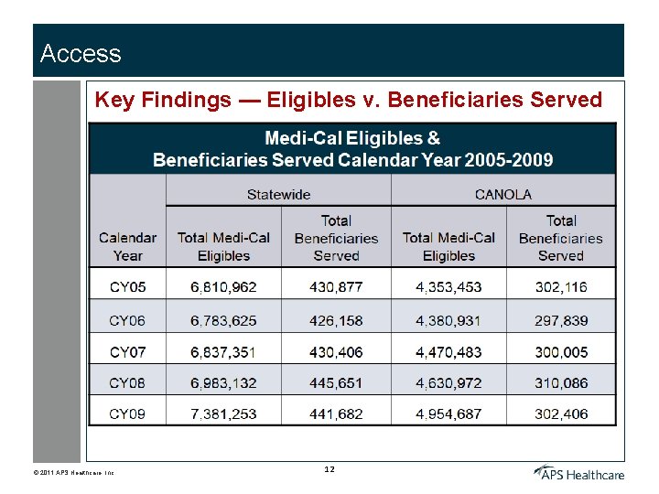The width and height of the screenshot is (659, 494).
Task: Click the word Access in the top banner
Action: point(81,54)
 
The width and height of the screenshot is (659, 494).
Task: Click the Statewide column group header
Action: point(278,194)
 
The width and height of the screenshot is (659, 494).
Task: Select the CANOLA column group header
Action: point(502,194)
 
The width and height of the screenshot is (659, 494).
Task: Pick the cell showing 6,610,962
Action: point(223,287)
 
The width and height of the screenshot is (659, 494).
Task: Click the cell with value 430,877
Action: point(336,287)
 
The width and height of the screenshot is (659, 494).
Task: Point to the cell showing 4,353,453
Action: point(448,287)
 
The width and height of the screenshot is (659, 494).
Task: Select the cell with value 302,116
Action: point(561,287)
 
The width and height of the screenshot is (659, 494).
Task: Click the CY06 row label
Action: point(127,321)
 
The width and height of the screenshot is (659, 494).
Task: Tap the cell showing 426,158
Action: point(336,321)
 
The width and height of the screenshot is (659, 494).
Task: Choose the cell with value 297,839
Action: point(561,321)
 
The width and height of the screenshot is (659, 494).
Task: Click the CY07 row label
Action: point(127,352)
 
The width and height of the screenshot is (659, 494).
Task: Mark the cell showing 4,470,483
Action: point(448,352)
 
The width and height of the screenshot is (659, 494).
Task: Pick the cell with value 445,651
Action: point(336,383)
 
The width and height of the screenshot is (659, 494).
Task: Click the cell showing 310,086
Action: point(561,383)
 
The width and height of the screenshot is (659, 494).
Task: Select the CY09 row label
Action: point(127,414)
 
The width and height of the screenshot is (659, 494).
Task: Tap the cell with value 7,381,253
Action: point(223,414)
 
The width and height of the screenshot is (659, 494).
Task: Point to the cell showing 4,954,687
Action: point(448,414)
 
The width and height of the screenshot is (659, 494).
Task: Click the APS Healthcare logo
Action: point(579,472)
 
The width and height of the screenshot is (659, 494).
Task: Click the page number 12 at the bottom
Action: point(329,469)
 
